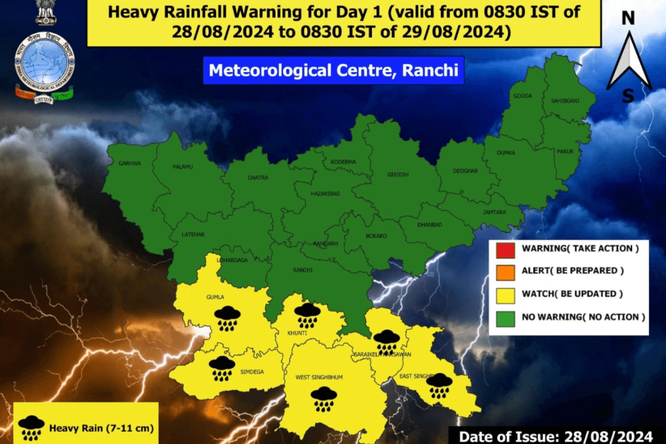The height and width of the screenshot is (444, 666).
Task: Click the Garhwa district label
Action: point(130,164)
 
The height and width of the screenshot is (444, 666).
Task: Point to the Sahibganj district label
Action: point(563,100)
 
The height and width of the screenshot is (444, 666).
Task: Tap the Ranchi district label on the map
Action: point(302,270)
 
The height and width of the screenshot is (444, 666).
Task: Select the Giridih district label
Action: point(398,175)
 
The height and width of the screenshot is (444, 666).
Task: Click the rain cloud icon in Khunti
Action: point(307,315)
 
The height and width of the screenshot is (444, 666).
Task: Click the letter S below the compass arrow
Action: point(628,97)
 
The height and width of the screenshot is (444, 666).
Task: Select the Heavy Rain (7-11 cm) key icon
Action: point(31,427)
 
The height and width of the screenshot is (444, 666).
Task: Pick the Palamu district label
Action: point(182,166)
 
